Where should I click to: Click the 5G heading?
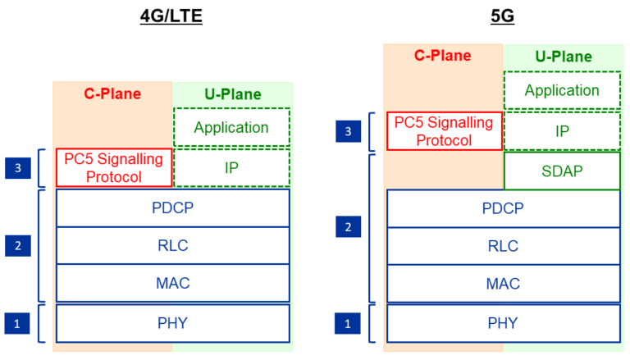point(501,16)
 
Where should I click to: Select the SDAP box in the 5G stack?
point(562,171)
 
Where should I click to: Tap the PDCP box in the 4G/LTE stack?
point(172,208)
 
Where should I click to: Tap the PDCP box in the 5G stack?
point(503,208)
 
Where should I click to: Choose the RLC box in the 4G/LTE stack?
point(172,246)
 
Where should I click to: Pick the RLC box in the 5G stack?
point(503,246)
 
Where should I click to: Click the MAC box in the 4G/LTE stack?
point(172,283)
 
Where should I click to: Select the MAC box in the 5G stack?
point(503,283)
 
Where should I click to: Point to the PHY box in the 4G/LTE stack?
point(172,323)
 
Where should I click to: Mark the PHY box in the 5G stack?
point(503,323)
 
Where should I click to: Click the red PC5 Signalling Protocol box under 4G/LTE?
point(113,168)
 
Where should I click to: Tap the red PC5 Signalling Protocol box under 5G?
point(444,131)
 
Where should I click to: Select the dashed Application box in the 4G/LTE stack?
point(231,128)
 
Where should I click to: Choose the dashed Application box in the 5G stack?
point(562,90)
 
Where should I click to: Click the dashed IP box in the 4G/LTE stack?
point(231,168)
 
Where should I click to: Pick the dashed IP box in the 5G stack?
point(562,131)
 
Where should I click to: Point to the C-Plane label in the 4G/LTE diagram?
point(112,93)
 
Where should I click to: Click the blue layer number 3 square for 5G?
point(348,131)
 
